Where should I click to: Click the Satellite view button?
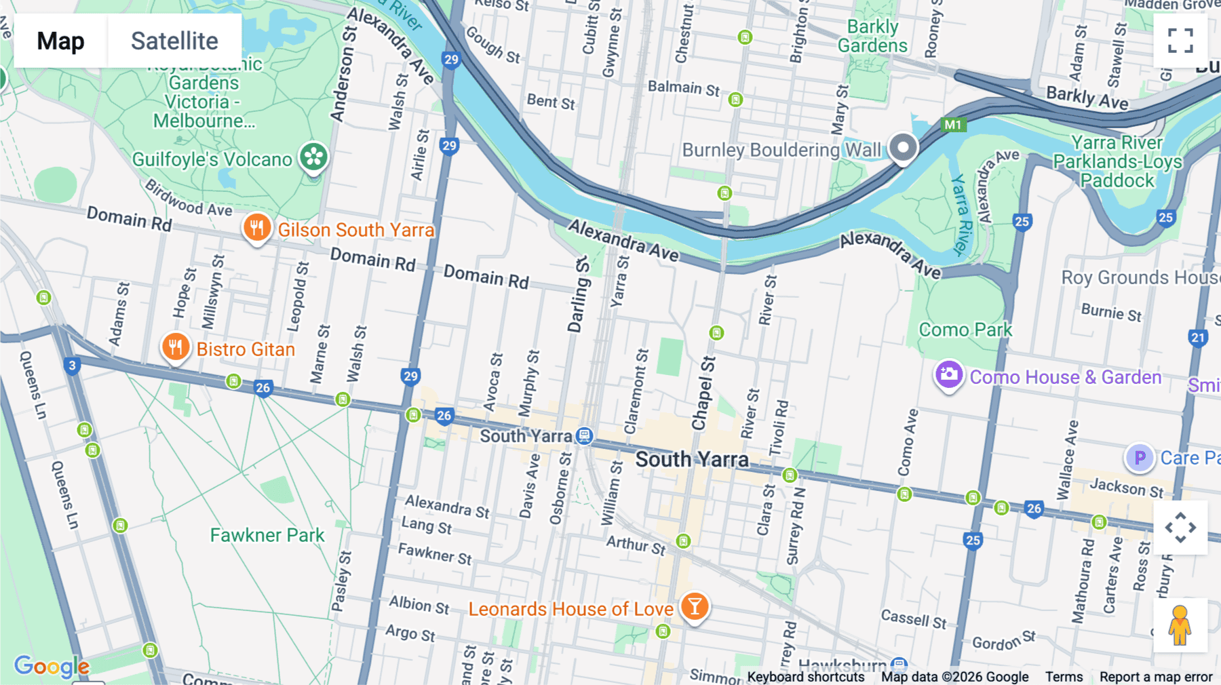(x=174, y=41)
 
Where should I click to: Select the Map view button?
(x=60, y=41)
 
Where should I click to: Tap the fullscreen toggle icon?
(x=1180, y=41)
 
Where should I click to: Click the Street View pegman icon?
(x=1180, y=625)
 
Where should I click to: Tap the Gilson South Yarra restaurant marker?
(x=256, y=228)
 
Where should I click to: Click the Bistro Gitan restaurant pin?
(x=175, y=347)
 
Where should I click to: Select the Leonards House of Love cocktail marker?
(x=695, y=606)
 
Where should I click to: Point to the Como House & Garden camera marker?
(x=948, y=374)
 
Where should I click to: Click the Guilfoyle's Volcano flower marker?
(x=314, y=157)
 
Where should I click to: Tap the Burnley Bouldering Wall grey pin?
(x=903, y=147)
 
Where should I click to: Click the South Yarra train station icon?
(x=584, y=436)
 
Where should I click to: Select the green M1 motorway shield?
(x=953, y=125)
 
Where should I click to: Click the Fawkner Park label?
(x=267, y=535)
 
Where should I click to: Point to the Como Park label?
(x=965, y=330)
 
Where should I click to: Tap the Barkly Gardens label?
(x=872, y=37)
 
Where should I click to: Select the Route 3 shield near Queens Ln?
(x=73, y=366)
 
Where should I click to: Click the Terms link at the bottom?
(x=1064, y=677)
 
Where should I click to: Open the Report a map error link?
(x=1156, y=677)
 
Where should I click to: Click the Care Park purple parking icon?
(x=1140, y=458)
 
